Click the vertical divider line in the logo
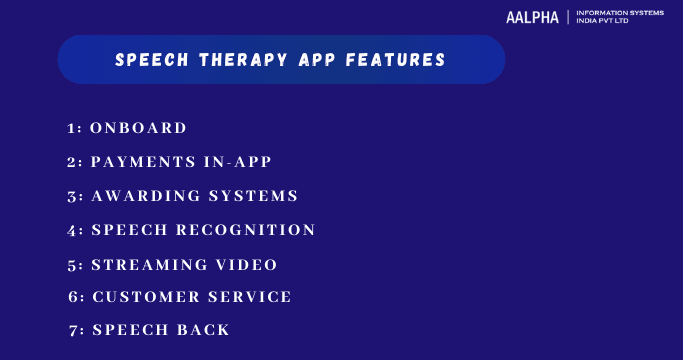click(x=568, y=18)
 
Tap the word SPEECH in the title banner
click(x=148, y=60)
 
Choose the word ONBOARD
click(x=138, y=128)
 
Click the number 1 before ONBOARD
click(x=73, y=129)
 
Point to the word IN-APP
click(x=234, y=162)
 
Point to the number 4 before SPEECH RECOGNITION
click(x=74, y=231)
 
